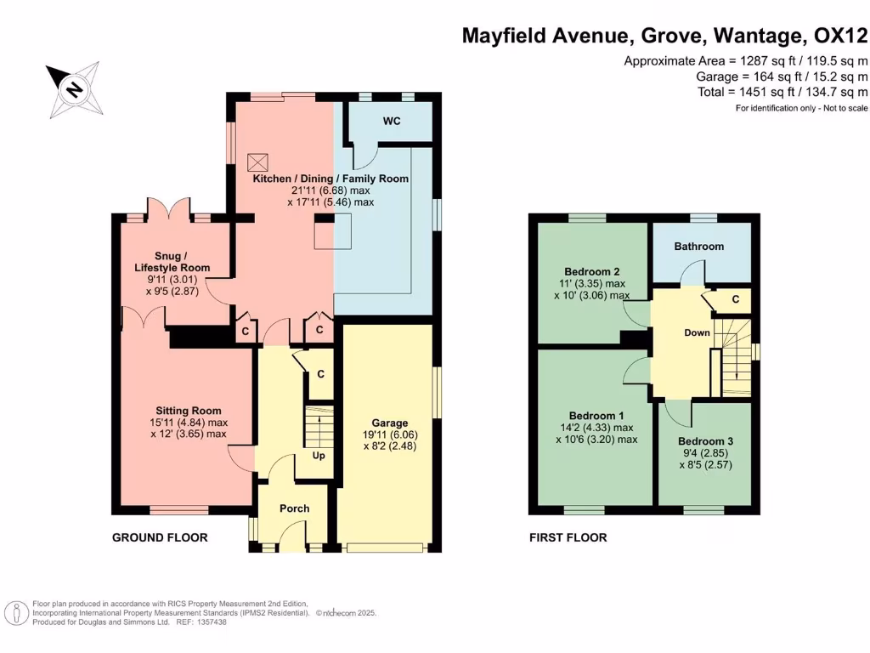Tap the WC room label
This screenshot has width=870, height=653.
click(391, 122)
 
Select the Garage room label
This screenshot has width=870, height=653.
click(390, 423)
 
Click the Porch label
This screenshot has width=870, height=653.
click(295, 508)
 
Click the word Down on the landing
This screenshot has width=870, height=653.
click(697, 332)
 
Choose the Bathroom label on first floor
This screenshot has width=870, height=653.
click(699, 247)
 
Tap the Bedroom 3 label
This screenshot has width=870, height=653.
click(705, 442)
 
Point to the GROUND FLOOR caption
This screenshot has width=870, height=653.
click(160, 537)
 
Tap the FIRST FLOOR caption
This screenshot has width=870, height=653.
click(568, 537)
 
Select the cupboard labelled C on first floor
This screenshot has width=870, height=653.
click(735, 299)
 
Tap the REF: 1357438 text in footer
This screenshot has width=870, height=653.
click(202, 622)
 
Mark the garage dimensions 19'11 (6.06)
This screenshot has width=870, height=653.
click(390, 434)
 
